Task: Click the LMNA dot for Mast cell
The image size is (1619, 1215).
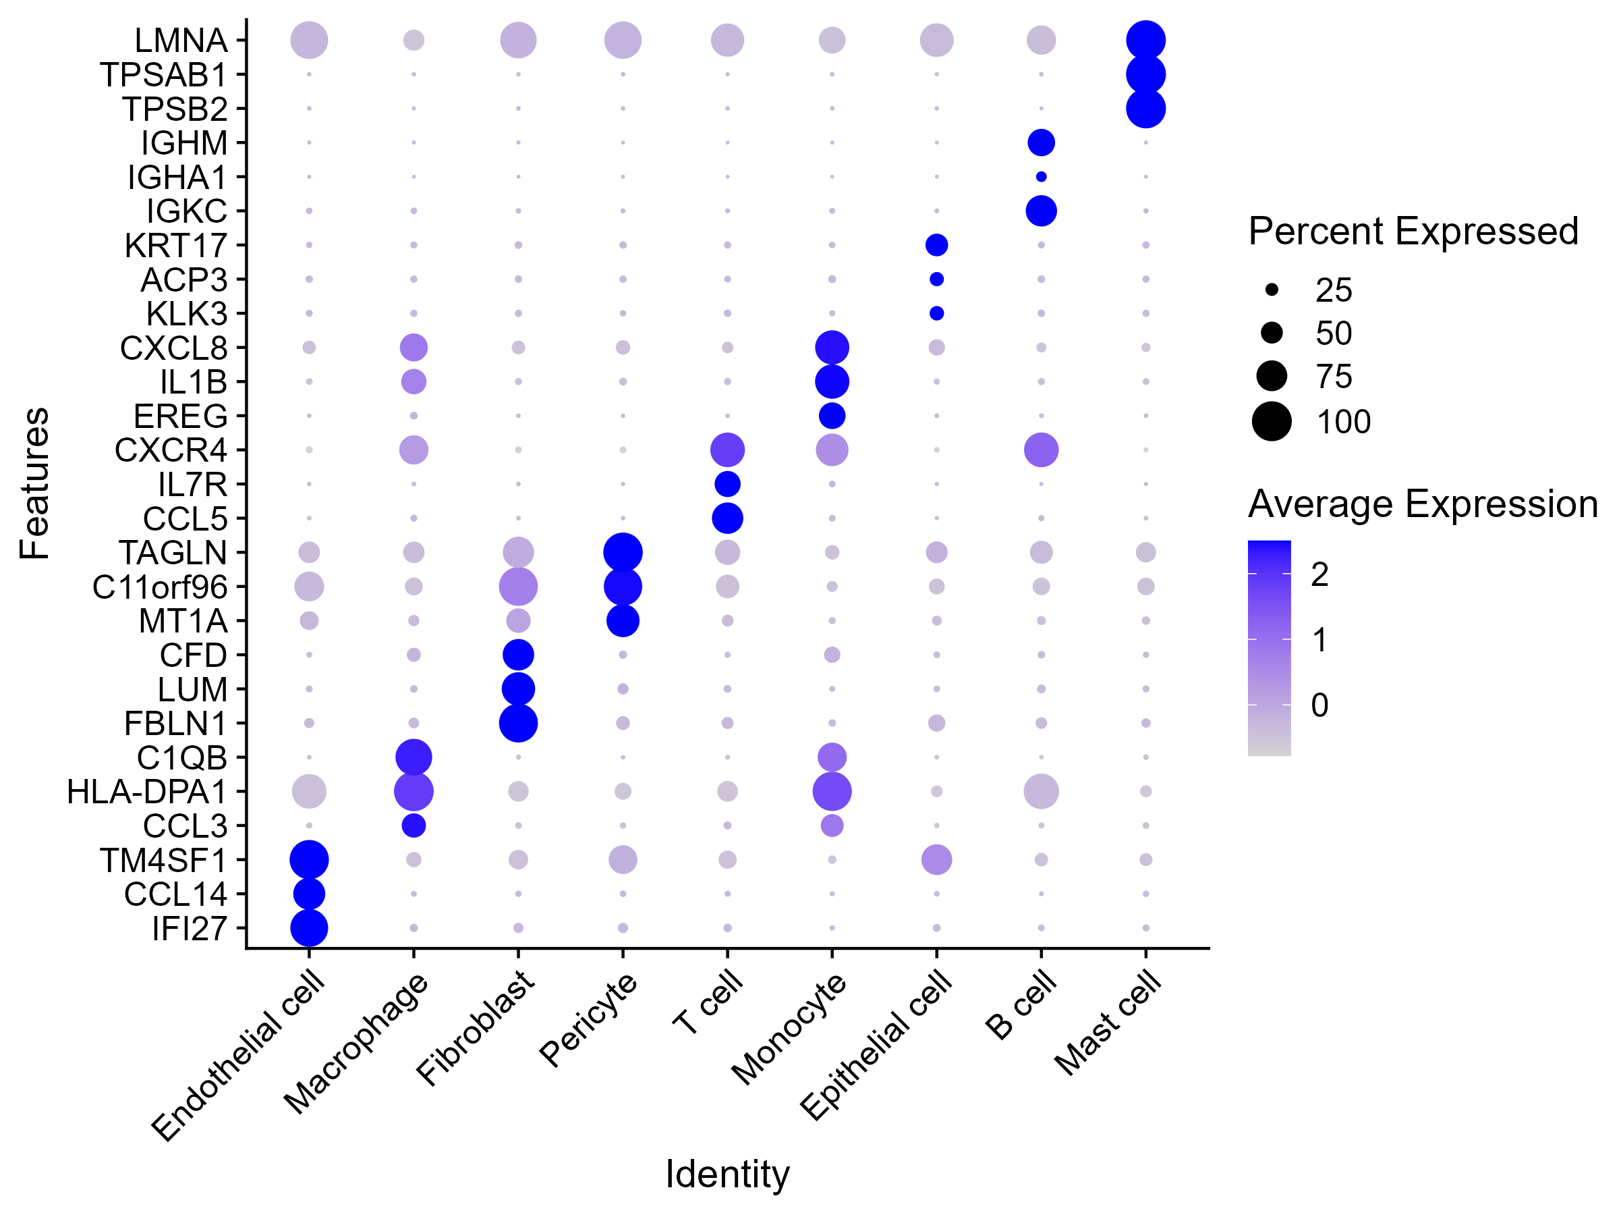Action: [x=1145, y=40]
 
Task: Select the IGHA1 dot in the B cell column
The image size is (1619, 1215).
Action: [x=1041, y=176]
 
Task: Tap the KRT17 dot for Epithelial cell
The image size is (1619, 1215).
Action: [x=936, y=244]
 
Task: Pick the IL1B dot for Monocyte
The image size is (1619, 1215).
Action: [x=832, y=381]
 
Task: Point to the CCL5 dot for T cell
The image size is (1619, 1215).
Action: [x=727, y=518]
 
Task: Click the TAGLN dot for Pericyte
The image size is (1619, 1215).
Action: [x=622, y=552]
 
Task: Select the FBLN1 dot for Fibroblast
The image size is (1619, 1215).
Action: [x=518, y=724]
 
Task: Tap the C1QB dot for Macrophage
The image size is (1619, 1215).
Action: [x=414, y=757]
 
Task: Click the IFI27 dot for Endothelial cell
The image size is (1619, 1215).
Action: [x=309, y=929]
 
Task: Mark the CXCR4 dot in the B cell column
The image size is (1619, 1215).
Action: [x=1041, y=450]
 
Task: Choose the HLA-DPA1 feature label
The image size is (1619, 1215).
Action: [x=146, y=792]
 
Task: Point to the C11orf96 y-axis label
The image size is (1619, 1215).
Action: [x=160, y=587]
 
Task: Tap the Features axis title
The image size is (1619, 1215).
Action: [x=34, y=483]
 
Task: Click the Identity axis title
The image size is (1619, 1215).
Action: [x=727, y=1174]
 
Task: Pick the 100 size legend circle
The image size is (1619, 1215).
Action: [x=1272, y=421]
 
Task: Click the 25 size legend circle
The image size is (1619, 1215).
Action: [x=1272, y=290]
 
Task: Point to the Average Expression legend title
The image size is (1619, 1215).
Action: [x=1422, y=504]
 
